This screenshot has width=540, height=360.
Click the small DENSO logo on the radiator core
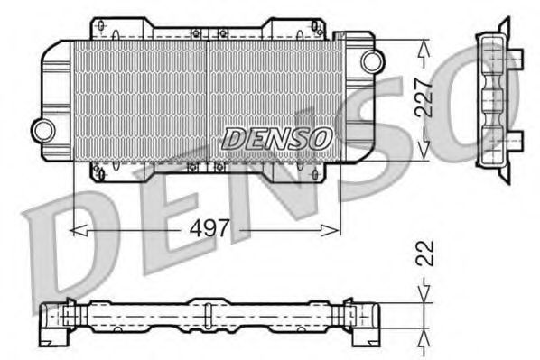[277, 138]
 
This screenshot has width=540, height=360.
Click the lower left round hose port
[42, 129]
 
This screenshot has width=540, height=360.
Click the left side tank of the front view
[57, 95]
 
